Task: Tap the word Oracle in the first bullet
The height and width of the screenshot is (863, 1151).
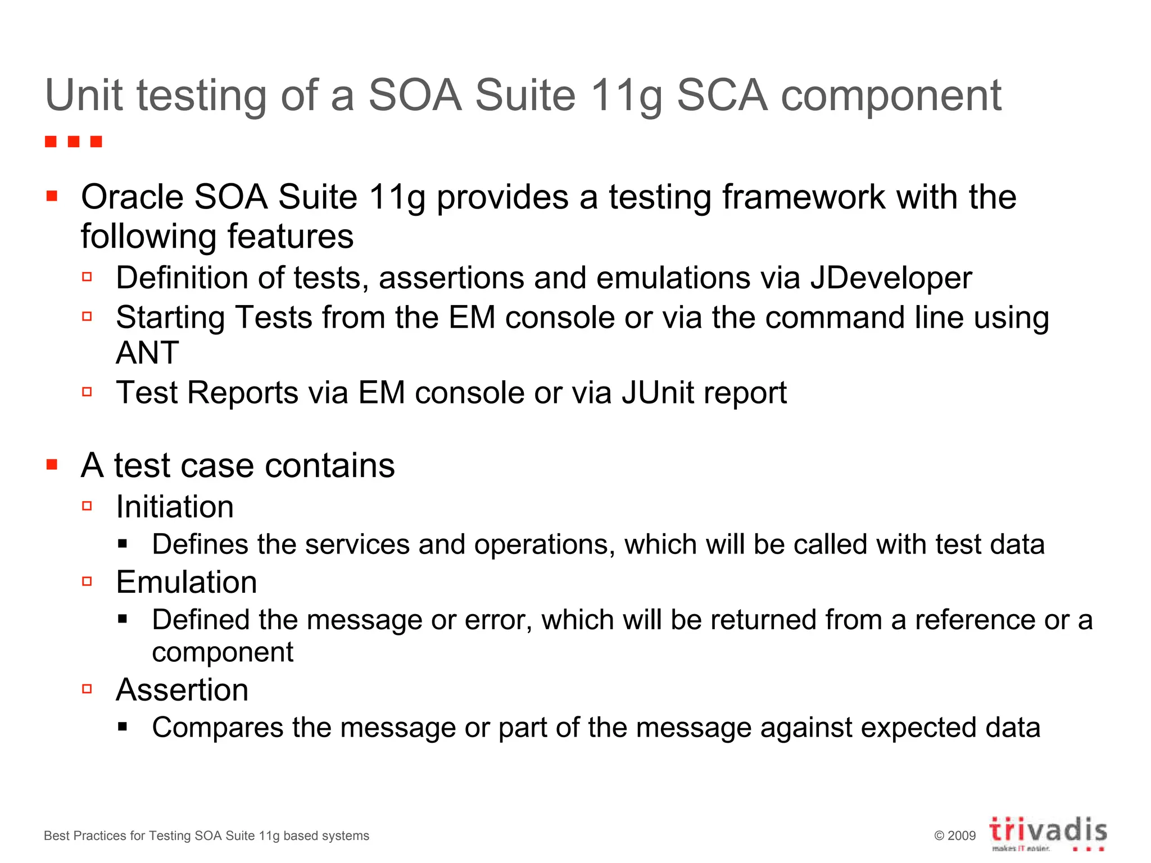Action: coord(132,197)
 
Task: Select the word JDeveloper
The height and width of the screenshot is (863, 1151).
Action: coord(891,279)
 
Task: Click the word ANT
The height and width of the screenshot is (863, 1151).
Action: coord(147,353)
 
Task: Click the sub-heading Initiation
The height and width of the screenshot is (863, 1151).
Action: coord(175,507)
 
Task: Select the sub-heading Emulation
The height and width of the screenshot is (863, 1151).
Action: coord(186,582)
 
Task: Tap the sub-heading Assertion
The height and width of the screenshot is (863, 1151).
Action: coord(182,690)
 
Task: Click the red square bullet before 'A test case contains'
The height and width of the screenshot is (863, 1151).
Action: coord(52,465)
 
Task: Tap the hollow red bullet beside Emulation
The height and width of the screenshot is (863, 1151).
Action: coord(87,582)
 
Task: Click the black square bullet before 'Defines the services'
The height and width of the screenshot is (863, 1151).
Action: coord(123,544)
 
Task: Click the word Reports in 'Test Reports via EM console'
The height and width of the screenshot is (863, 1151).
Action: coord(242,392)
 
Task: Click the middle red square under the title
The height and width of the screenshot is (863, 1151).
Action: coord(74,142)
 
